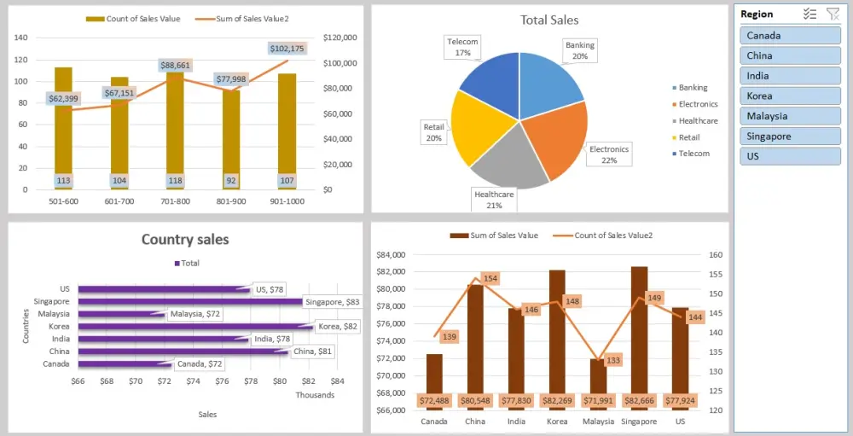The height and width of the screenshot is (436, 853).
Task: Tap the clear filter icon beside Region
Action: click(x=833, y=14)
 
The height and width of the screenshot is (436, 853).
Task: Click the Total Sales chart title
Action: click(x=549, y=20)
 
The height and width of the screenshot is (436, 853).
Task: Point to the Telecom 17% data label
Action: click(x=463, y=47)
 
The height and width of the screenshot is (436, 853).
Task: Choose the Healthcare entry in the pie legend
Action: click(x=698, y=121)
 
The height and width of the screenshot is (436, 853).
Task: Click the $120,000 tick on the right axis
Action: click(x=342, y=38)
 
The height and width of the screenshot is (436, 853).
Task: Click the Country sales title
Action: click(x=185, y=240)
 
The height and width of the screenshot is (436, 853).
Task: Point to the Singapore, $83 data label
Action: click(x=333, y=302)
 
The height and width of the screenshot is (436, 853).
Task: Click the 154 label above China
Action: click(x=490, y=278)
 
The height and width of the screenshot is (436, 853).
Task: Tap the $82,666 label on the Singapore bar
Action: click(x=639, y=400)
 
